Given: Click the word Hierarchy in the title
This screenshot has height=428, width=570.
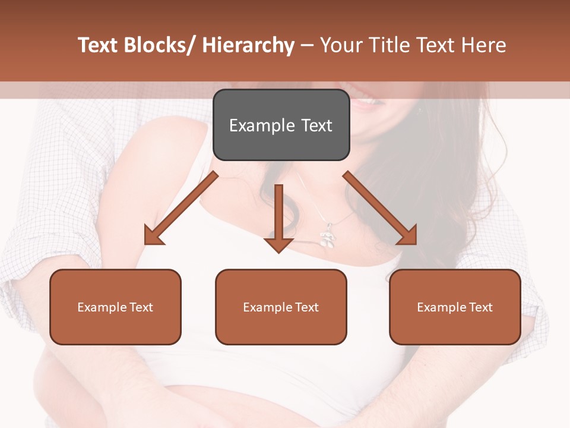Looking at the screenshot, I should point(248,46).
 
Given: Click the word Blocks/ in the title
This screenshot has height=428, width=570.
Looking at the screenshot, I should point(157,46).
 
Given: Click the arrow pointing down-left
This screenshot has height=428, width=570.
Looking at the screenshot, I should point(180,209).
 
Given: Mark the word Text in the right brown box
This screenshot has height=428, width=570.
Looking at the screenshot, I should point(480,307).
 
